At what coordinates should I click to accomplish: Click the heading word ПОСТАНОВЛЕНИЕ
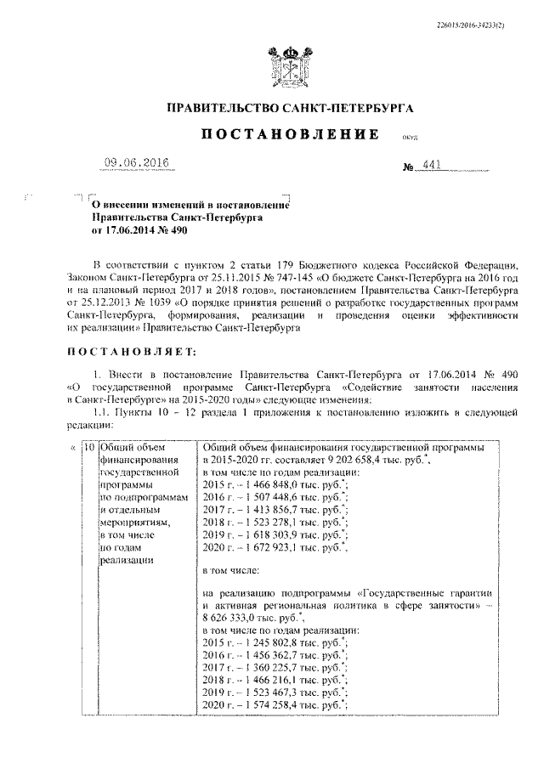click(288, 135)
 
